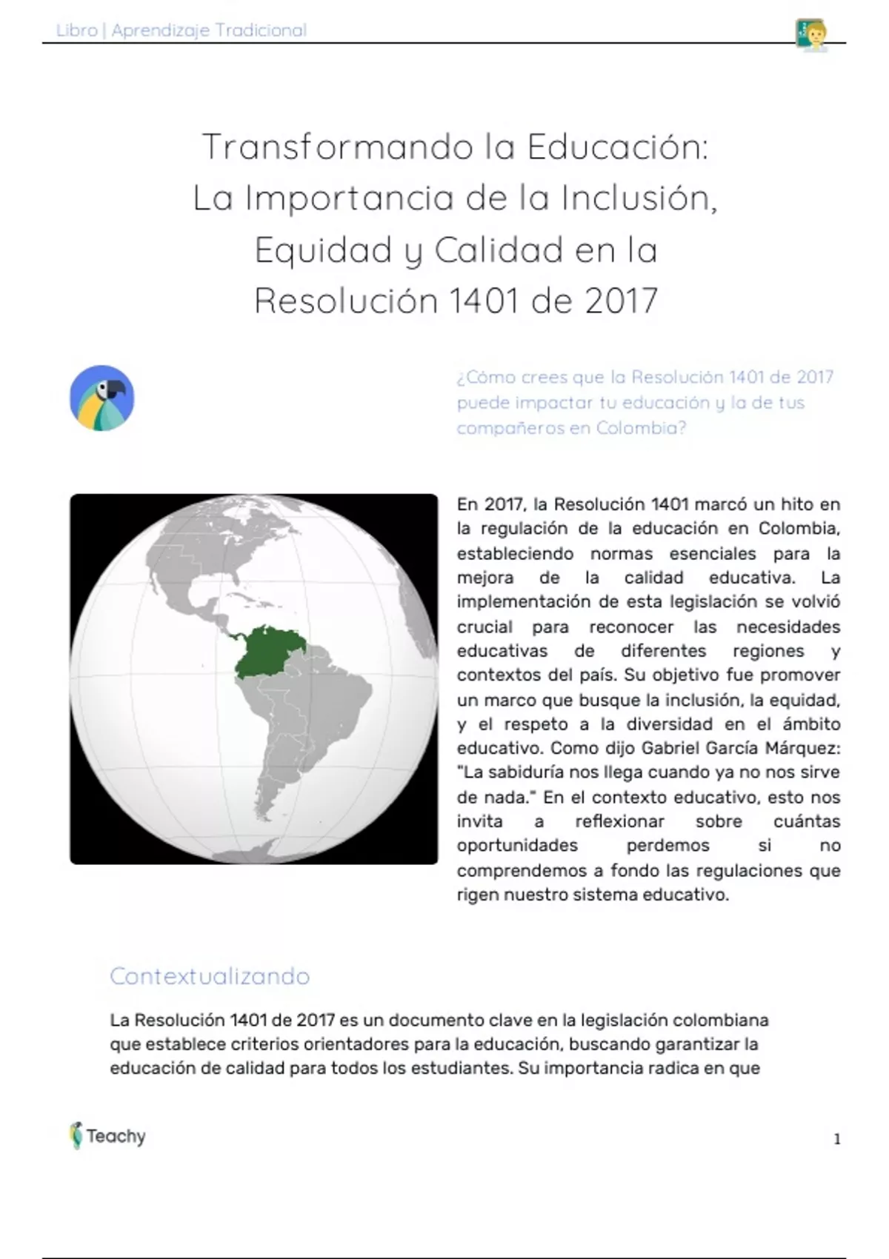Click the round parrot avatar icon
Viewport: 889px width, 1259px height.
102,398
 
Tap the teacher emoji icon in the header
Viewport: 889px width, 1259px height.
810,33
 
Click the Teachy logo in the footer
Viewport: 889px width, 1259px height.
108,1135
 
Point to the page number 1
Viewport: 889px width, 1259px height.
837,1139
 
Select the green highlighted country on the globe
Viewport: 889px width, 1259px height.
268,652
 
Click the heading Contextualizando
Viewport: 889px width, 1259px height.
210,976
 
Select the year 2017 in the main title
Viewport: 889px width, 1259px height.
621,301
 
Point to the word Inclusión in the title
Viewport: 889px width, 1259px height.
639,198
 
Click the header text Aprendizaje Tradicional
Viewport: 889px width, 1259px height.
209,30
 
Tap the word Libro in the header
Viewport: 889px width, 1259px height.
77,30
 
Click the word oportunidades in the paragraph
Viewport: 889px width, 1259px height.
517,846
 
